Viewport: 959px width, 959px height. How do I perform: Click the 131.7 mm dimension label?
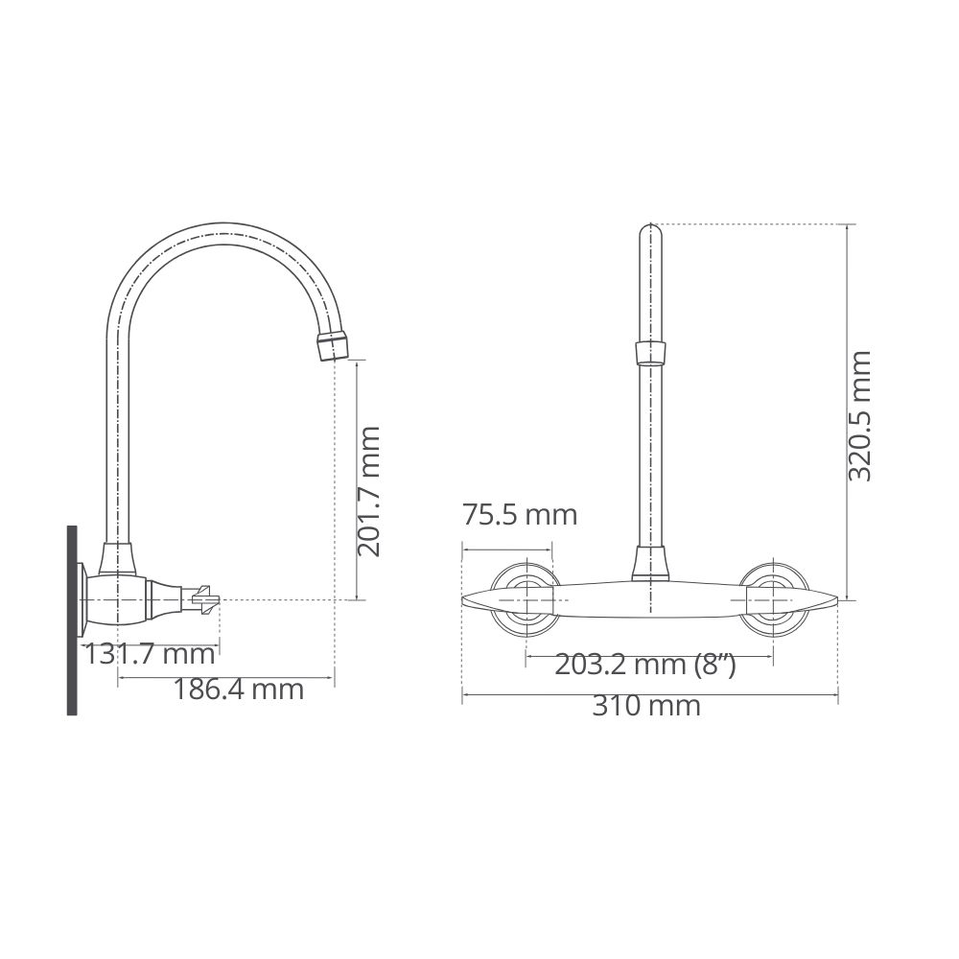[x=149, y=654]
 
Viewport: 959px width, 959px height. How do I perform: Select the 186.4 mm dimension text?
[x=239, y=690]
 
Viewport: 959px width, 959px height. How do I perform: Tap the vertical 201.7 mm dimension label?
[x=369, y=492]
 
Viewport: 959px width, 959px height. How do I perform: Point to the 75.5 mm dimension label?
[x=519, y=514]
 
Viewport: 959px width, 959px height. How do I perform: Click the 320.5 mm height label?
[x=860, y=416]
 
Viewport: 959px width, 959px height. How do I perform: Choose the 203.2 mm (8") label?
[x=645, y=665]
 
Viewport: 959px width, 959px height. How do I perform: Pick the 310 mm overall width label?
[x=645, y=707]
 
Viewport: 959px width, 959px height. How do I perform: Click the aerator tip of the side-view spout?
[x=333, y=347]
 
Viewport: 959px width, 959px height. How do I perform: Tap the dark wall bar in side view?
[x=72, y=620]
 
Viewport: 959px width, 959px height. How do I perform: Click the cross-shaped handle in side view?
[x=205, y=600]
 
